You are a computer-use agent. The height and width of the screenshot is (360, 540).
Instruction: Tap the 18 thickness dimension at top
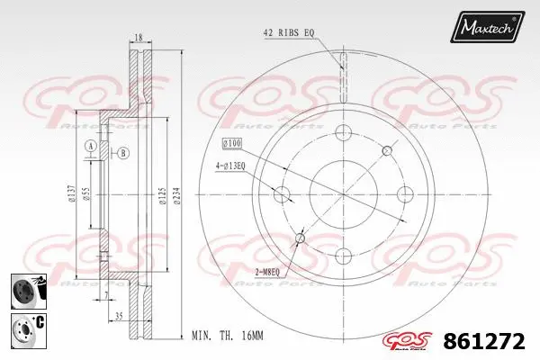pyautogui.click(x=138, y=38)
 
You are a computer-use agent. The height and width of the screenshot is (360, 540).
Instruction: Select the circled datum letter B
pyautogui.click(x=121, y=153)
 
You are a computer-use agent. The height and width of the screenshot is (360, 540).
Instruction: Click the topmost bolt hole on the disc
pyautogui.click(x=343, y=133)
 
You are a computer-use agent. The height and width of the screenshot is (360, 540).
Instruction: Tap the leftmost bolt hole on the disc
pyautogui.click(x=283, y=193)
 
